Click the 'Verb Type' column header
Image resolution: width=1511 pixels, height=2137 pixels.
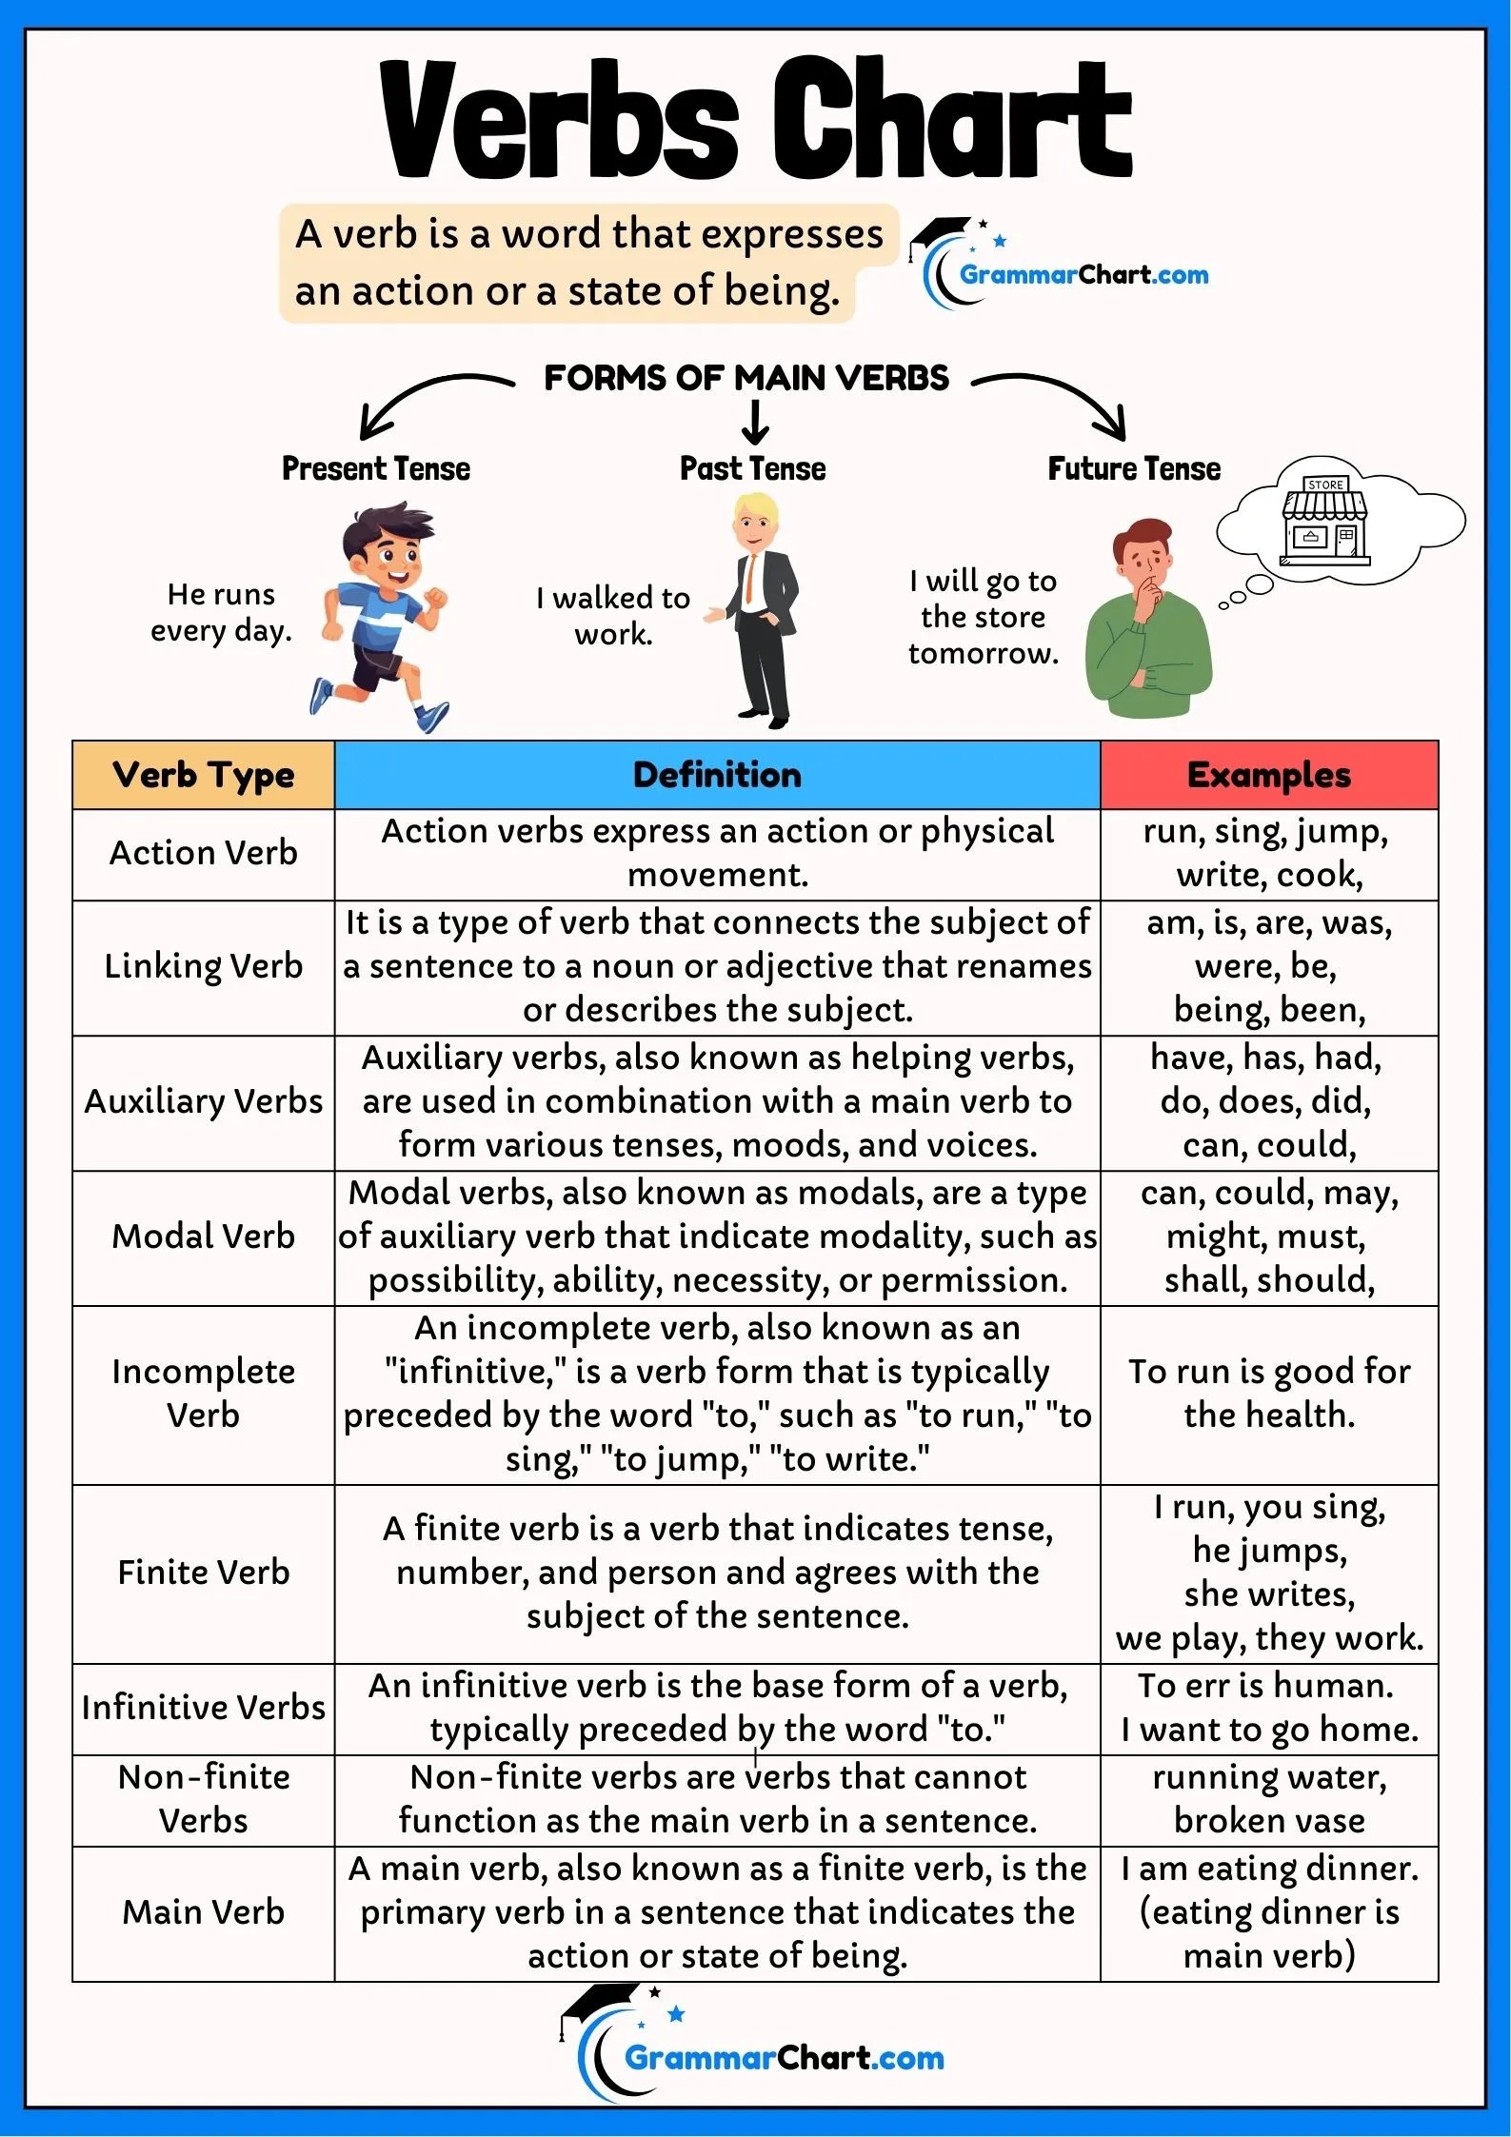click(x=203, y=775)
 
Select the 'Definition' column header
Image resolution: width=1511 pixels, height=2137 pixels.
click(x=717, y=775)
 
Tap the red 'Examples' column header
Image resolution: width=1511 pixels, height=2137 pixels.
click(x=1268, y=775)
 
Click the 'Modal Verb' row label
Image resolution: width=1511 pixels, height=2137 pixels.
click(x=203, y=1237)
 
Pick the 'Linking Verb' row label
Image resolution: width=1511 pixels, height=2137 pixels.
click(x=203, y=966)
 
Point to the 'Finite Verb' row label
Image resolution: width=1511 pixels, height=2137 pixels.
click(x=203, y=1573)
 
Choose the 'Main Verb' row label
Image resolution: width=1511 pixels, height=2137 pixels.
click(x=203, y=1912)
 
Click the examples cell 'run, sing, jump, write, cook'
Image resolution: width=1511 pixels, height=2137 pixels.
click(x=1268, y=853)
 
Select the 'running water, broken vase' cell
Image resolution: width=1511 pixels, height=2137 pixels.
click(x=1268, y=1799)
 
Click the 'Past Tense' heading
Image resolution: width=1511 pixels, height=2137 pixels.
click(x=752, y=468)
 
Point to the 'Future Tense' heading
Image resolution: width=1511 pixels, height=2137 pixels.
click(x=1133, y=468)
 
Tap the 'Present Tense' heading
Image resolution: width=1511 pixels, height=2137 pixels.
click(x=376, y=468)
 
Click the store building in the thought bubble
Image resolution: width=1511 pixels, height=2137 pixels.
click(x=1324, y=521)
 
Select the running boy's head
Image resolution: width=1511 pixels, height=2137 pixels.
click(x=386, y=544)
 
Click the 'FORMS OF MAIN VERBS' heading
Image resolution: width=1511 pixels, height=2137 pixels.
click(x=746, y=378)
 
